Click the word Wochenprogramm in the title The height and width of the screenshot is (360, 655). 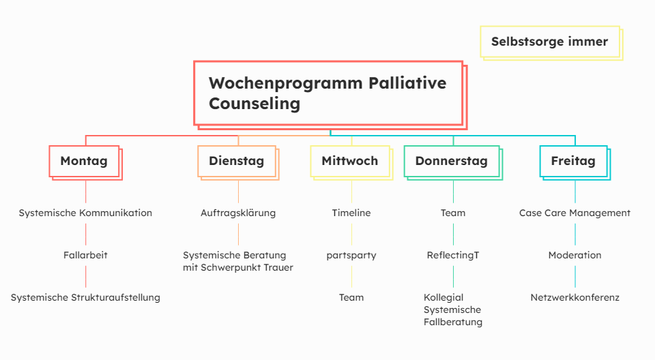(286, 84)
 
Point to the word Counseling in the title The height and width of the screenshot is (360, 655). (254, 104)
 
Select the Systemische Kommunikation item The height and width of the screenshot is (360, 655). (85, 213)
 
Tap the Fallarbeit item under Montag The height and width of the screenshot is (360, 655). (85, 255)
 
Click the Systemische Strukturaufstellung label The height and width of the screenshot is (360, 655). (85, 298)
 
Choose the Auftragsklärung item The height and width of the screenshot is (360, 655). (238, 213)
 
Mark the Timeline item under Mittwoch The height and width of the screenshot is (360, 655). (351, 213)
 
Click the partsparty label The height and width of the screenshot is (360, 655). (351, 256)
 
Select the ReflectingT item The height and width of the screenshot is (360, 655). (453, 255)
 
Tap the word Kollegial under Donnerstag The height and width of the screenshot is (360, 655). (443, 297)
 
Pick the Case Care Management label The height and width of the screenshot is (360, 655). (574, 213)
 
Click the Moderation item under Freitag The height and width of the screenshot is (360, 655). (574, 255)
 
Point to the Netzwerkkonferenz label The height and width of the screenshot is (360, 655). (574, 298)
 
